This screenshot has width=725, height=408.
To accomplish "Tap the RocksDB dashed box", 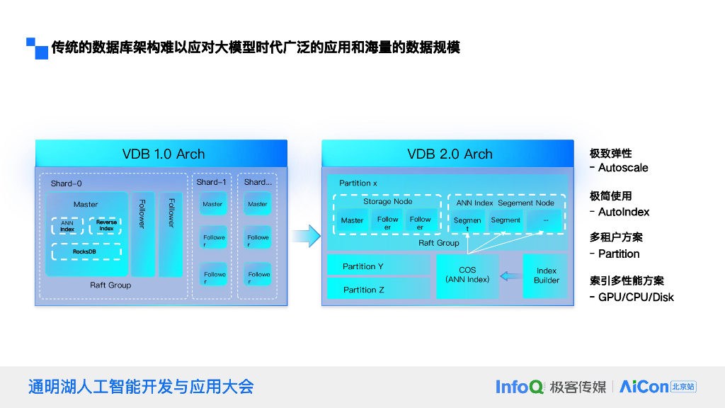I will (x=86, y=251).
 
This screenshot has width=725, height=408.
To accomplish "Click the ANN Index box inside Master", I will (x=67, y=226).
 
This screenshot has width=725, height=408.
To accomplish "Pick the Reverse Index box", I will (x=105, y=226).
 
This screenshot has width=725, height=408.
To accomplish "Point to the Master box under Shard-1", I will (x=212, y=204).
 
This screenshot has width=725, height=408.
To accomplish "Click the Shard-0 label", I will (x=66, y=183).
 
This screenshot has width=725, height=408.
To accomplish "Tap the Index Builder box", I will (x=546, y=276).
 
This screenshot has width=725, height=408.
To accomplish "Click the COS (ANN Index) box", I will (x=467, y=276).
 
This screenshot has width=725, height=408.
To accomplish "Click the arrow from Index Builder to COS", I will (x=510, y=276).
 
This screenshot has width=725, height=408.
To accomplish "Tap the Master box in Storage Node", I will (x=352, y=220).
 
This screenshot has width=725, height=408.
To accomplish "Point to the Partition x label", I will (x=358, y=183).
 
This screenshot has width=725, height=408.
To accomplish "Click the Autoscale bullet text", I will (x=622, y=168).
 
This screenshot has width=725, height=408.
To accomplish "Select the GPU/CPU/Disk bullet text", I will (x=635, y=297).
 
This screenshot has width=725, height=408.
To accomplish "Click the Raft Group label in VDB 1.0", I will (x=110, y=285).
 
